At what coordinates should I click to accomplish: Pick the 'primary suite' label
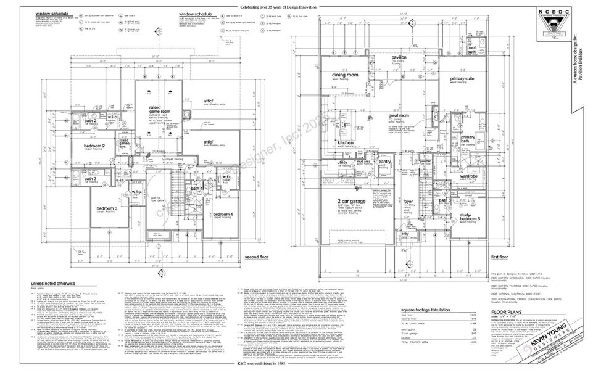tap(463, 80)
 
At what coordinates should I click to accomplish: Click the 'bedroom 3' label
tap(107, 208)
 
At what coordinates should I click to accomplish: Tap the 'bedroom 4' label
tap(223, 214)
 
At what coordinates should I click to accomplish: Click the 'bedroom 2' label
tap(94, 146)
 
